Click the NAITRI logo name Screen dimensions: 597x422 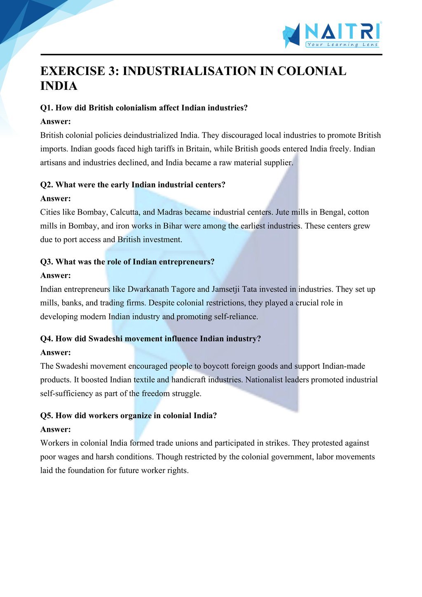[342, 31]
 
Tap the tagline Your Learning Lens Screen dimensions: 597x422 [342, 44]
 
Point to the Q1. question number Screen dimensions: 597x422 [47, 108]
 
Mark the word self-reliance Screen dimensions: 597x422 [237, 316]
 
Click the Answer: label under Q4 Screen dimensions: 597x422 [56, 353]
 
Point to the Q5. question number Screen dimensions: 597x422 [47, 416]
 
